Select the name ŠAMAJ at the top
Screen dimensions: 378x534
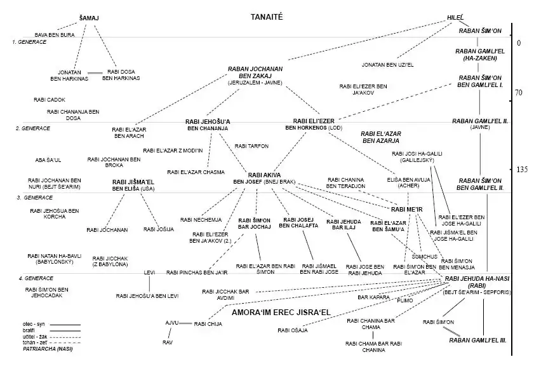pos(90,18)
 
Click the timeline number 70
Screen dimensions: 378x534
pos(517,93)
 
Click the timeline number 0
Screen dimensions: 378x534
pos(518,43)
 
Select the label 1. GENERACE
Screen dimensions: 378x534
pos(30,42)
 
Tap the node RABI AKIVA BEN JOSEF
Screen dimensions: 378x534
pos(264,178)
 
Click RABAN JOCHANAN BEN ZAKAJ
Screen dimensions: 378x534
pos(255,73)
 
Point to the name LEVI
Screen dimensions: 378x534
pos(149,273)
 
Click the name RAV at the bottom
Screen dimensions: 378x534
pos(168,342)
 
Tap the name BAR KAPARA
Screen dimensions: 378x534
pos(373,297)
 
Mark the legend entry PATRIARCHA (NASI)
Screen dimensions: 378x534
pos(48,349)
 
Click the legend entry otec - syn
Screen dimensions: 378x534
pos(35,324)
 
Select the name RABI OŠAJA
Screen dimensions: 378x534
pos(293,330)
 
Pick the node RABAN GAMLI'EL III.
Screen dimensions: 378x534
pos(477,341)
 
